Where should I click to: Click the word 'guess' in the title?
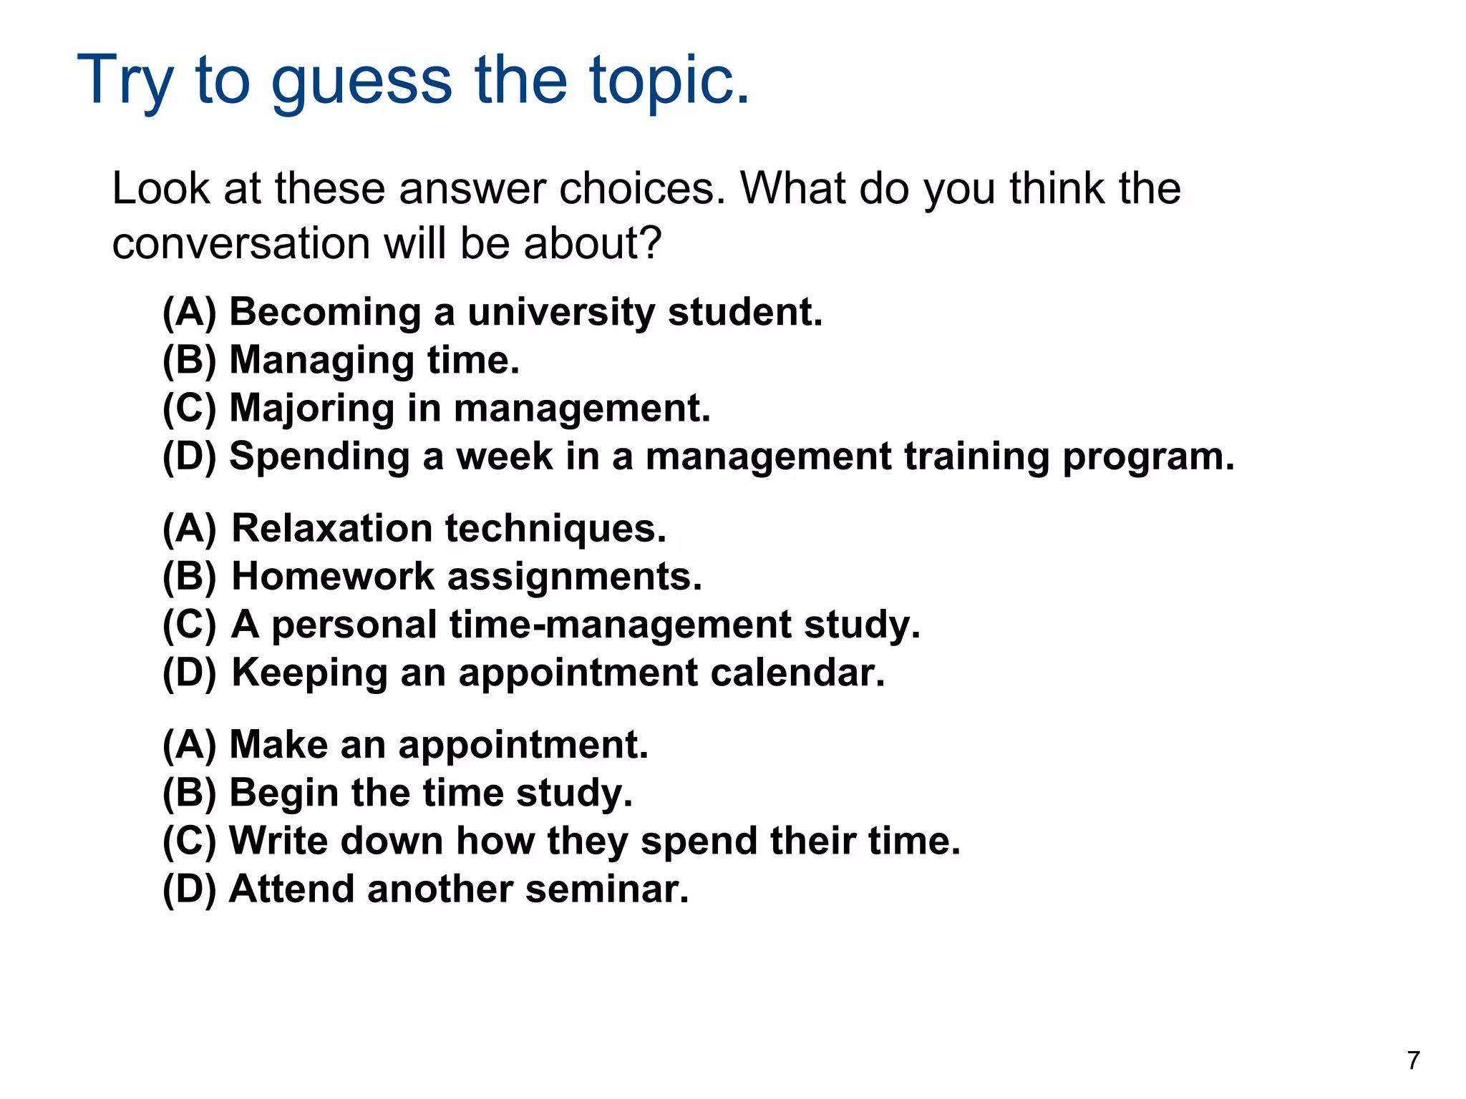[x=361, y=80]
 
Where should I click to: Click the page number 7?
[x=1413, y=1060]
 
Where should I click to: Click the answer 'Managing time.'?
[x=374, y=360]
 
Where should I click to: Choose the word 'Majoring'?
[x=311, y=409]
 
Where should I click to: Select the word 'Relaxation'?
[x=332, y=529]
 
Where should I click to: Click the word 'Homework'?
[x=333, y=577]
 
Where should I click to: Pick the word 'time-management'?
[x=620, y=625]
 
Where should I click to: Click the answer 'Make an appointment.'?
[x=438, y=745]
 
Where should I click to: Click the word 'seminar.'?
[x=606, y=889]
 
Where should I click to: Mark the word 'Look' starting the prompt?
[x=161, y=189]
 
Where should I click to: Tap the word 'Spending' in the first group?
[x=319, y=456]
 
